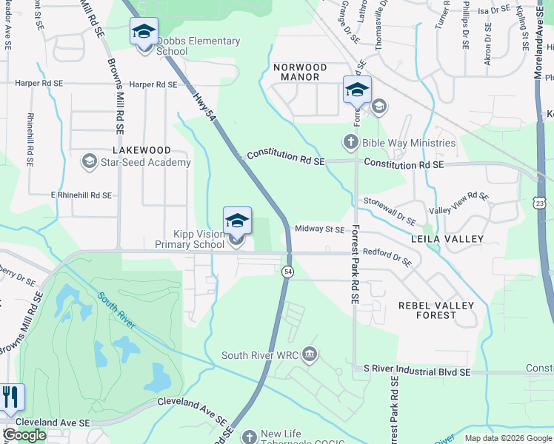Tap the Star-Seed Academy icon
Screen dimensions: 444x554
coord(89,162)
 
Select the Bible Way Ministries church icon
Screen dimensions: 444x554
coord(350,142)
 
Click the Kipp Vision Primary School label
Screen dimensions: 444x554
coord(189,239)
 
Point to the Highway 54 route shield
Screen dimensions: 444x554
coord(287,272)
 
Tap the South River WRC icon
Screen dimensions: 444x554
coord(310,356)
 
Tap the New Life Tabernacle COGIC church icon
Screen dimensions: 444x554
coord(250,436)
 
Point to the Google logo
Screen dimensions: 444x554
coord(24,435)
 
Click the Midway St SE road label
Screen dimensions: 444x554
coord(320,229)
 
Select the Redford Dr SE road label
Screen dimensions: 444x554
coord(387,256)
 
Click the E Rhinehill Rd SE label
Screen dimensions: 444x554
coord(81,195)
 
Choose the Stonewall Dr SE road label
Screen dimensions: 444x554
coord(389,210)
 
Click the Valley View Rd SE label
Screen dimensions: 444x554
coord(459,203)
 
